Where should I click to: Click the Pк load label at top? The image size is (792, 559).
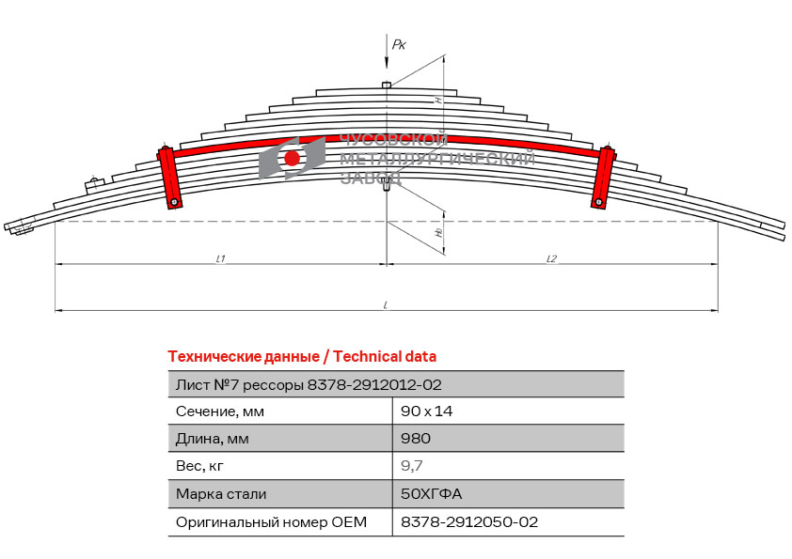(399, 44)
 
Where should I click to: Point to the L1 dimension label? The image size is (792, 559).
(220, 258)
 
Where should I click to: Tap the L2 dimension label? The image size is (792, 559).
(551, 258)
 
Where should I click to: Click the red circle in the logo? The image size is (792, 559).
(293, 158)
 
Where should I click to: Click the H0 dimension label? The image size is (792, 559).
(438, 232)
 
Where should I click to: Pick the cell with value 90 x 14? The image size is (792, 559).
(428, 411)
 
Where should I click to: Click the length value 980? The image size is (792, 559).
(416, 438)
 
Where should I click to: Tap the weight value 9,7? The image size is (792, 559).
(413, 465)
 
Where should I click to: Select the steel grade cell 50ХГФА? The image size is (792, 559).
(432, 493)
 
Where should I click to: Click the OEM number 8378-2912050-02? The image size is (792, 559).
(469, 521)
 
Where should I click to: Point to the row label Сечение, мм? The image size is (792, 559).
(220, 411)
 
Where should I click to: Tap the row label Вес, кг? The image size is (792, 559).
(200, 465)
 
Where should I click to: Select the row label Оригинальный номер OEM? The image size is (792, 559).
(271, 521)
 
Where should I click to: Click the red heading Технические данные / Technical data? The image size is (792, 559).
(302, 356)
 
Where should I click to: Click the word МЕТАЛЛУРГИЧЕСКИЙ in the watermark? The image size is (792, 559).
(437, 160)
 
